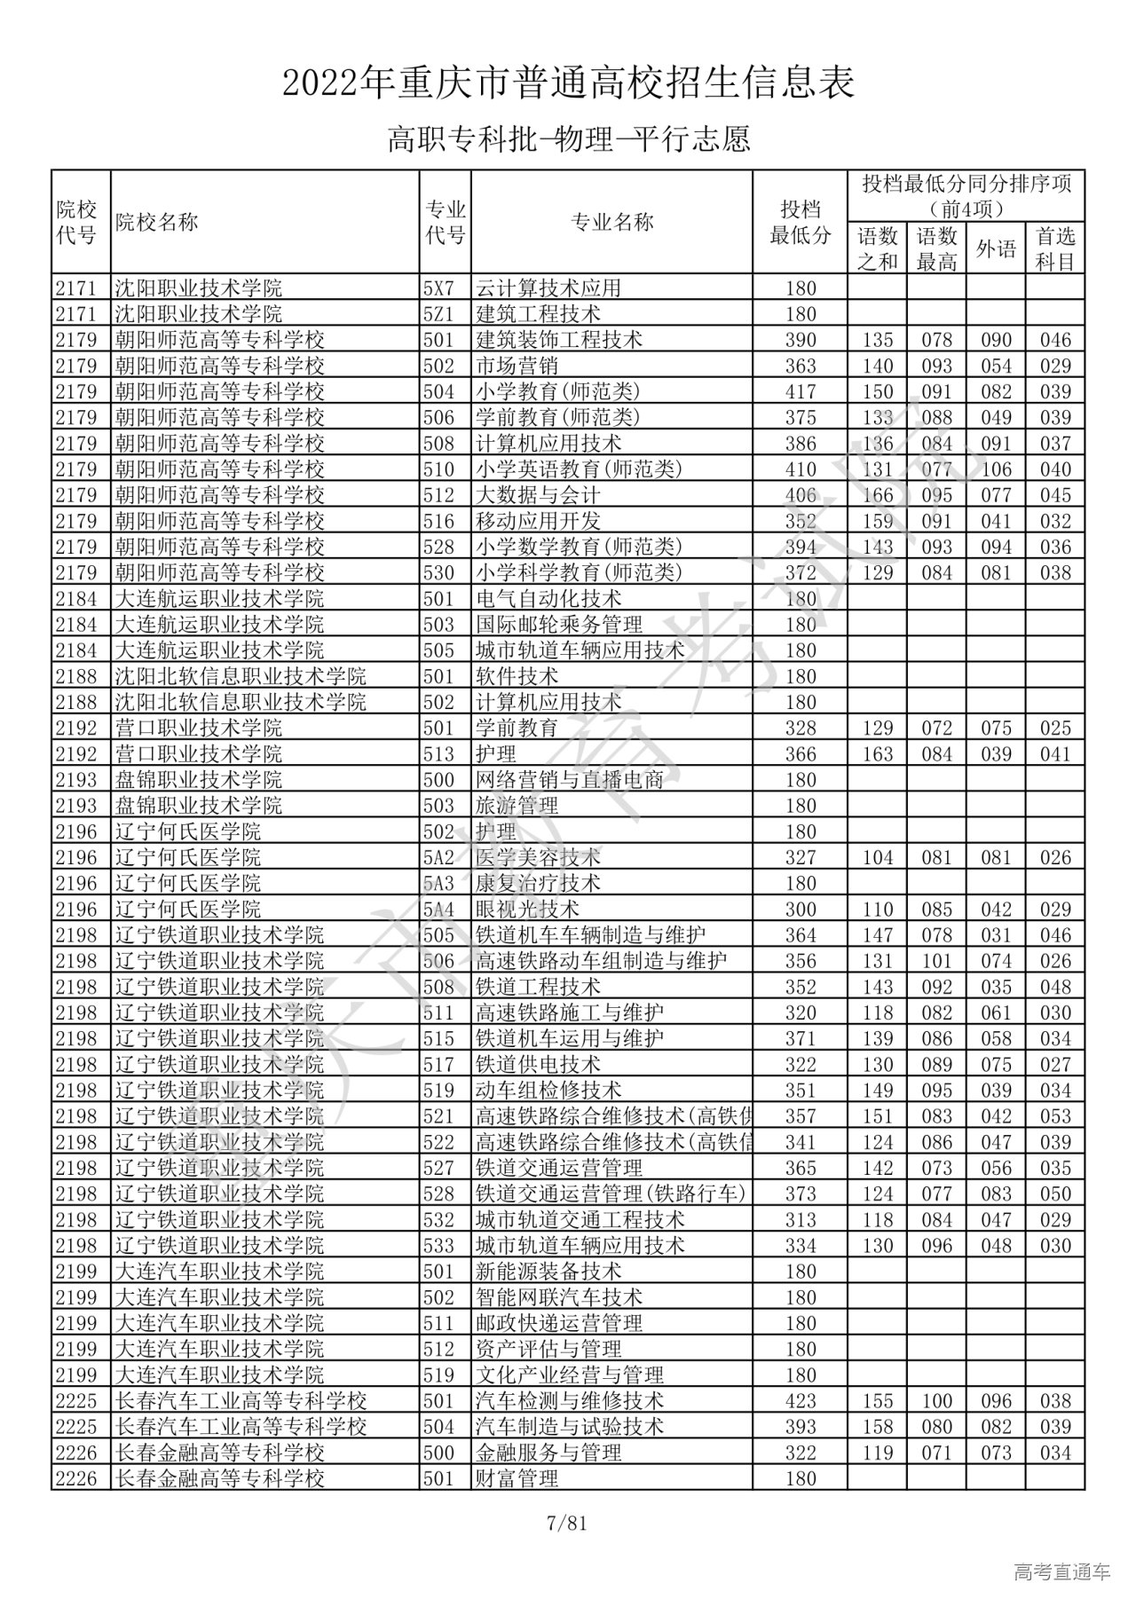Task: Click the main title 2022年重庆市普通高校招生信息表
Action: [568, 83]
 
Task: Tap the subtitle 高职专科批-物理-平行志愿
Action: [568, 139]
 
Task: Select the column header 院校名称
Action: [156, 223]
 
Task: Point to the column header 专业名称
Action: [611, 223]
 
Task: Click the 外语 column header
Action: [996, 248]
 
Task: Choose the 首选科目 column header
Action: [1055, 248]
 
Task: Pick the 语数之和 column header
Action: [877, 248]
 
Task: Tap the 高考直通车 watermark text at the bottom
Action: [1061, 1572]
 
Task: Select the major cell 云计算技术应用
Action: [548, 288]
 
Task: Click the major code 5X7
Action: [438, 288]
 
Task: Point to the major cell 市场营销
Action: [516, 366]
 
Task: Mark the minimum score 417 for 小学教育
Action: [800, 391]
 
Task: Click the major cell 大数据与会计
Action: [538, 495]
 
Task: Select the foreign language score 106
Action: [996, 469]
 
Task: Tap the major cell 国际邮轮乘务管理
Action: [559, 625]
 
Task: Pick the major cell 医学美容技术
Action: [538, 857]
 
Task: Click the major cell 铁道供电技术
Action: [538, 1065]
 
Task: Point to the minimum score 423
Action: [800, 1401]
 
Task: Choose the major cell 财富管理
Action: [517, 1478]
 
